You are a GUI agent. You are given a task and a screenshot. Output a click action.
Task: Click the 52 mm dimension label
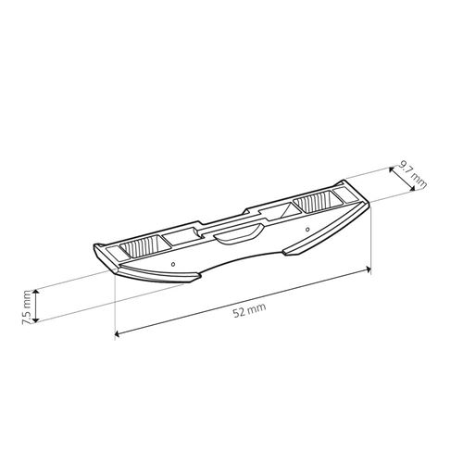pos(249,310)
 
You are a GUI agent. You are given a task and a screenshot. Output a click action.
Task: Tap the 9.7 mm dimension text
pos(412,175)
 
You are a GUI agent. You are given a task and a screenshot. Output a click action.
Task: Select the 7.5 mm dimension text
pos(27,307)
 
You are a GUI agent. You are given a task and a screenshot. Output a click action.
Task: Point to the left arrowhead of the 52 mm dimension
pos(117,333)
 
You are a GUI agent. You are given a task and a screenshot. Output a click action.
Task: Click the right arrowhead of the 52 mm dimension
pos(368,269)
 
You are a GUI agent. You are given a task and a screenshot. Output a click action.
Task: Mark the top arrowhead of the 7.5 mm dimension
pos(36,292)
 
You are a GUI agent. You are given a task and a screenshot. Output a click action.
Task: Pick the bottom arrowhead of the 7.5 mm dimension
pos(36,319)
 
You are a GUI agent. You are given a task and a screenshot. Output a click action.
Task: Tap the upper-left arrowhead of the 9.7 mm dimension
pos(392,169)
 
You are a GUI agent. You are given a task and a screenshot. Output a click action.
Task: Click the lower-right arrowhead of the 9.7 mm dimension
pos(412,188)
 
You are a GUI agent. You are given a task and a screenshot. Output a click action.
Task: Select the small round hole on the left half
pos(173,264)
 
